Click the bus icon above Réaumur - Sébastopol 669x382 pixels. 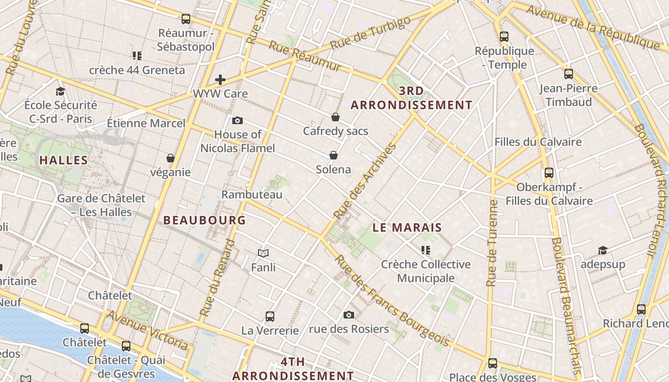(x=186, y=19)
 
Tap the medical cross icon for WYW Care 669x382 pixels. (x=220, y=79)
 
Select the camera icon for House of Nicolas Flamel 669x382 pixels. (x=237, y=120)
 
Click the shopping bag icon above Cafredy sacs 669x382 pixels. (x=335, y=117)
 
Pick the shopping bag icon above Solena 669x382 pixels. (x=334, y=155)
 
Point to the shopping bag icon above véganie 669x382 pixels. (x=171, y=158)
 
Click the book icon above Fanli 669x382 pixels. (x=263, y=253)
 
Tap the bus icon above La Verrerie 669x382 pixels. (x=270, y=316)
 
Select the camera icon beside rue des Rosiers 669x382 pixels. (x=349, y=315)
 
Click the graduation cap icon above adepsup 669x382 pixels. (x=603, y=250)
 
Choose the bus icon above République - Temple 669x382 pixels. (x=504, y=36)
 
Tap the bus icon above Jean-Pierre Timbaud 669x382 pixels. (x=569, y=74)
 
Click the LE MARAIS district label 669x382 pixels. (x=407, y=228)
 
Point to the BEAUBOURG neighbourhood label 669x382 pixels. (x=205, y=220)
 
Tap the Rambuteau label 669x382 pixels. (x=252, y=194)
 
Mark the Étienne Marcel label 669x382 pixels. (x=146, y=123)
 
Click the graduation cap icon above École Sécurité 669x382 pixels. (x=60, y=91)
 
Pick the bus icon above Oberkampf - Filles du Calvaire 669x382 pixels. (x=549, y=173)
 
